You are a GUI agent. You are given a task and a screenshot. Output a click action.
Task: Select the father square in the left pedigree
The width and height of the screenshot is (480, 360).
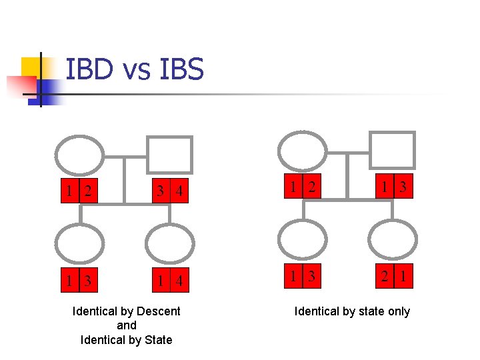click(169, 155)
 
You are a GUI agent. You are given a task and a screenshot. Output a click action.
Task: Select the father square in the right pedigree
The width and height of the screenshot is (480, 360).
click(392, 151)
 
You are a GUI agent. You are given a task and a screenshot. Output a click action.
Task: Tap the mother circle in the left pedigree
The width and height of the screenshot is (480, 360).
click(79, 155)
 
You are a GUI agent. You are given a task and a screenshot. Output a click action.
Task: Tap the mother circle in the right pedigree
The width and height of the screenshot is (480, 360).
click(302, 151)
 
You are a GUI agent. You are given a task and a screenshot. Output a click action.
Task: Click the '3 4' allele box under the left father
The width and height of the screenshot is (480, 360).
click(169, 192)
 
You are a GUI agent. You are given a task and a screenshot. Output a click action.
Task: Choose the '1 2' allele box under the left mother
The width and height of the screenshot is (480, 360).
click(79, 192)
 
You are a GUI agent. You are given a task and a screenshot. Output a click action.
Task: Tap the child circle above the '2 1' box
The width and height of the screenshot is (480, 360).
click(392, 240)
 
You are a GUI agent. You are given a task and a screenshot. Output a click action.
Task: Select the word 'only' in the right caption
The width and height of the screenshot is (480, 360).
click(397, 311)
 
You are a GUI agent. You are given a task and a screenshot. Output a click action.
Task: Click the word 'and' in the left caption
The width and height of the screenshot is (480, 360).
click(126, 325)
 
